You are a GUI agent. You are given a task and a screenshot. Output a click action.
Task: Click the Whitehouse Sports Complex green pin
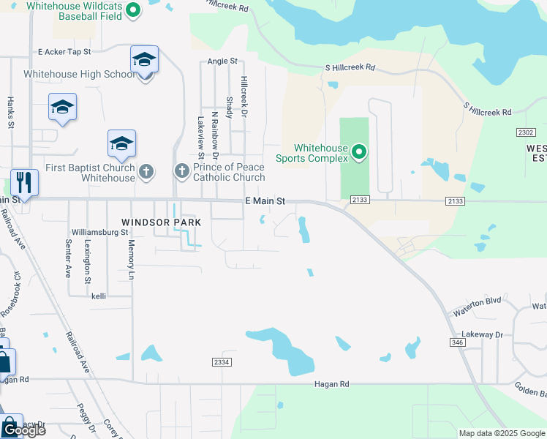[x=358, y=152]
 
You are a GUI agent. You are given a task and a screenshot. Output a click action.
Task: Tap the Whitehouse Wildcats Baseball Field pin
[x=133, y=10]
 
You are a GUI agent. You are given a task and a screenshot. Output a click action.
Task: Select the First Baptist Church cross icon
[x=146, y=172]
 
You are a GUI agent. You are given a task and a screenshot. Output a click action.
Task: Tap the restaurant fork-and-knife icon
[x=24, y=183]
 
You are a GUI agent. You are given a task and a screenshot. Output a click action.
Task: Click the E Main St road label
[x=264, y=200]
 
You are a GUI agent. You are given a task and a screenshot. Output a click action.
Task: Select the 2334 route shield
[x=222, y=362]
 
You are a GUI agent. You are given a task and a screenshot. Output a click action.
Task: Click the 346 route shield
[x=458, y=342]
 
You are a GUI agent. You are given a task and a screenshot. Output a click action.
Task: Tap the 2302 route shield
[x=525, y=132]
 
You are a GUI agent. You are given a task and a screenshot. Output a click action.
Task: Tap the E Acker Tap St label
[x=64, y=52]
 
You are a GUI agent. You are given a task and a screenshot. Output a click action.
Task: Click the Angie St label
[x=223, y=61]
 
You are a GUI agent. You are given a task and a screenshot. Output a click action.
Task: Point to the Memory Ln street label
[x=132, y=259]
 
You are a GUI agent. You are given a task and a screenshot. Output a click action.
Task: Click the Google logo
[x=24, y=430]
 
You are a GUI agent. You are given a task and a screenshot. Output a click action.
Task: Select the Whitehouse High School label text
[x=79, y=75]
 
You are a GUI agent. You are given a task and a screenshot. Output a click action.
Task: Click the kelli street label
[x=99, y=296]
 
